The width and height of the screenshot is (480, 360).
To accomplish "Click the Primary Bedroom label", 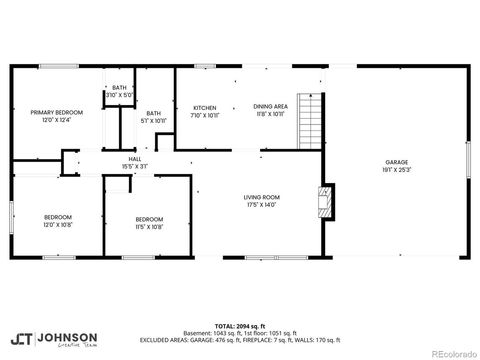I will tap(56, 112).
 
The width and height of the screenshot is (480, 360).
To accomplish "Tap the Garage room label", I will tap(396, 162).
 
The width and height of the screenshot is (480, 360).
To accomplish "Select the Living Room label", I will tap(261, 197).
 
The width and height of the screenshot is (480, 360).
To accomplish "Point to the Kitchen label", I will tap(204, 106).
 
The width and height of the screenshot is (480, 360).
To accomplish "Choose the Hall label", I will tap(134, 158).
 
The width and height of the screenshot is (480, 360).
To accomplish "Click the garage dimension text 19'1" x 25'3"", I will tap(396, 169).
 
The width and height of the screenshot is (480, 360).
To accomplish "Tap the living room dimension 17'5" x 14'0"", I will tap(261, 204).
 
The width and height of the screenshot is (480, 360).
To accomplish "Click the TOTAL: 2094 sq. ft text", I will tap(240, 326).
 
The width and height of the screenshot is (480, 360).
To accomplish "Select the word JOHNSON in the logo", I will tap(68, 337).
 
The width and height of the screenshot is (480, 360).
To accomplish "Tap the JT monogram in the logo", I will tap(21, 338).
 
